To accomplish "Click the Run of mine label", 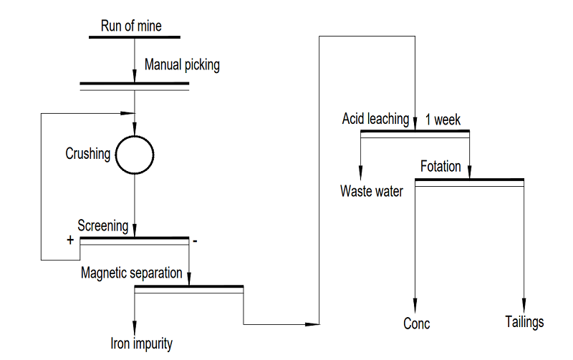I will [x=130, y=26].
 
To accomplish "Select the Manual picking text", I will [x=182, y=65].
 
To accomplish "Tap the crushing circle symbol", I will [x=135, y=154].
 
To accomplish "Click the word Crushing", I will [x=88, y=154].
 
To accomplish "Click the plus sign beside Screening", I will [x=70, y=240].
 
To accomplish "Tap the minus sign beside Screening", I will [x=195, y=241].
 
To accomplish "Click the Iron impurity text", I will [x=142, y=343].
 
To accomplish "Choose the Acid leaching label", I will [x=375, y=119].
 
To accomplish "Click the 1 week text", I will [x=443, y=120].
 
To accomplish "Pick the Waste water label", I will [x=372, y=191].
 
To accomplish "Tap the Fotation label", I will [x=440, y=167].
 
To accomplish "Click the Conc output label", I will [x=416, y=323].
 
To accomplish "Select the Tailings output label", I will [x=524, y=322].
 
